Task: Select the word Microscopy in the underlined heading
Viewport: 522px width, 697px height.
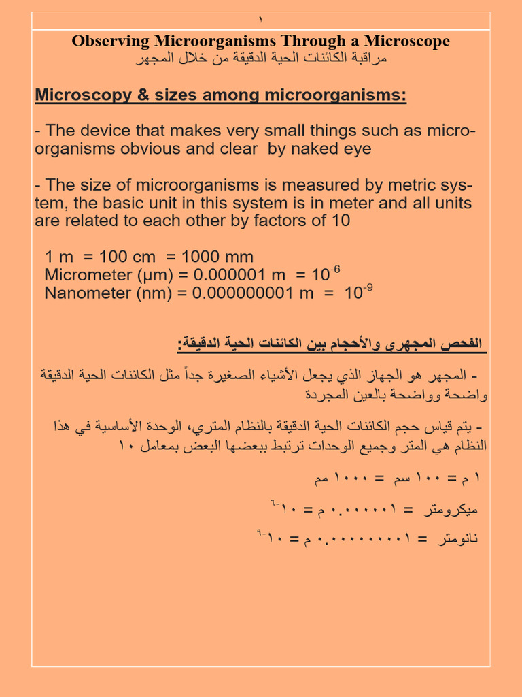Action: tap(77, 95)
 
